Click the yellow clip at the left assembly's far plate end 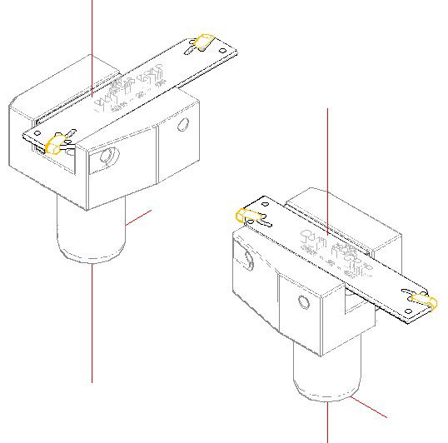click(202, 42)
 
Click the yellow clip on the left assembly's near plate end click(57, 145)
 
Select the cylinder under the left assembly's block click(92, 233)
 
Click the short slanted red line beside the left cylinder click(139, 217)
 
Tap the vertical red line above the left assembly click(92, 33)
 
